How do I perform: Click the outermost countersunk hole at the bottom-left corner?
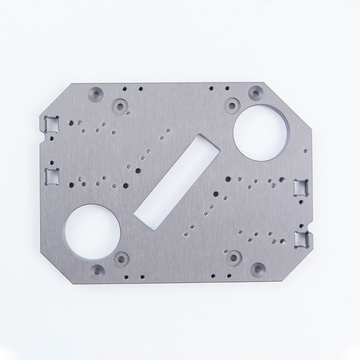tap(96, 271)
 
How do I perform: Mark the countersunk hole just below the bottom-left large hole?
tap(120, 259)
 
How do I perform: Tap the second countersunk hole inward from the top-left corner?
tap(120, 106)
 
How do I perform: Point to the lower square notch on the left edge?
tap(52, 175)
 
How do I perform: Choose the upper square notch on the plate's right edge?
tap(300, 186)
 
